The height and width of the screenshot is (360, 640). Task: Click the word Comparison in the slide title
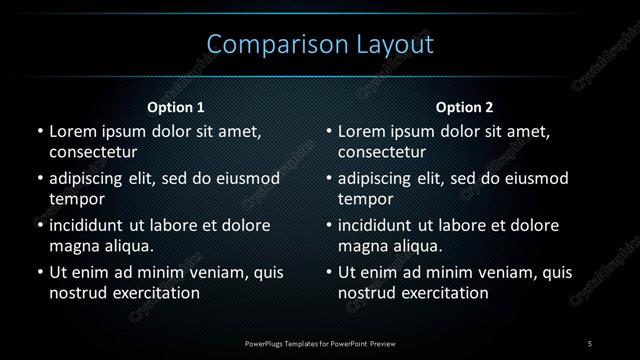pos(267,45)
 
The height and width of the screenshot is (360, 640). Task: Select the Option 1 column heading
pos(176,107)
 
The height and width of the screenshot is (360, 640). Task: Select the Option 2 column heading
pos(465,107)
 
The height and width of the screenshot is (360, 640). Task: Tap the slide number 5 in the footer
pos(590,344)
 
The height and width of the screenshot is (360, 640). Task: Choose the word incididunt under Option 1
pos(91,226)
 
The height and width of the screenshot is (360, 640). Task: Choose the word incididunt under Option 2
pos(380,226)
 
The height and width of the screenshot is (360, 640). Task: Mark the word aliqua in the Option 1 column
pos(125,246)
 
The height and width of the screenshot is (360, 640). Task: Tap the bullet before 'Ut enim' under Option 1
pos(39,272)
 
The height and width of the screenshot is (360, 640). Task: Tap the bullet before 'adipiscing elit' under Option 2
pos(329,179)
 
